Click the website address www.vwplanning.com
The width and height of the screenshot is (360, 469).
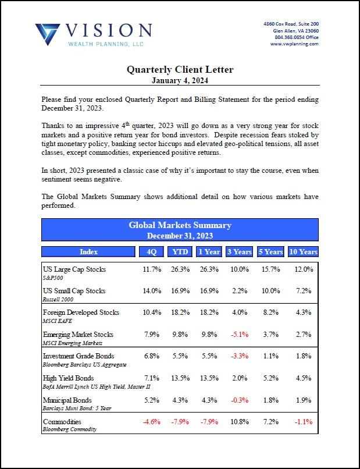click(x=294, y=44)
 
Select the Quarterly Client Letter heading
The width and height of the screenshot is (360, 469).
click(x=180, y=70)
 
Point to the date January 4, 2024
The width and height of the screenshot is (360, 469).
click(x=180, y=80)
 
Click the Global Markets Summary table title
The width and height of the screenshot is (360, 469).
click(x=180, y=225)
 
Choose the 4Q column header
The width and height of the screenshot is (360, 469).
click(x=151, y=252)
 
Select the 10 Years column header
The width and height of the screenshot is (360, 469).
click(x=304, y=252)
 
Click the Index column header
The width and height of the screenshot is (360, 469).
click(x=88, y=252)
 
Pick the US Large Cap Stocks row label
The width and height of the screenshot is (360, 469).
click(x=74, y=269)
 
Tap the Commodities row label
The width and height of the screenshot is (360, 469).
click(x=62, y=421)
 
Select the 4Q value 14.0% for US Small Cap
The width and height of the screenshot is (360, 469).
click(x=151, y=291)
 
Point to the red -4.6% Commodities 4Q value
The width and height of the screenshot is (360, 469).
click(x=151, y=421)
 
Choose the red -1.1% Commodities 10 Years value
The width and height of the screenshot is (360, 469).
click(x=304, y=421)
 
